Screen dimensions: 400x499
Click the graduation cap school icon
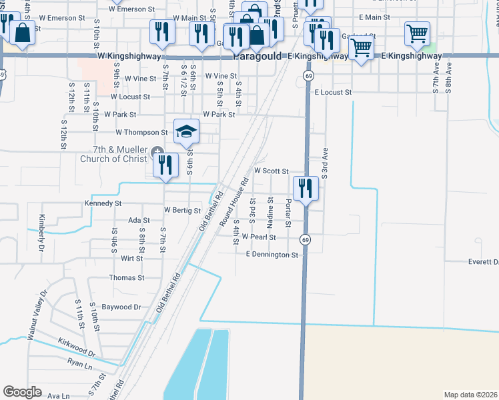(187, 131)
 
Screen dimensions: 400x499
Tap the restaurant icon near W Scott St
(306, 187)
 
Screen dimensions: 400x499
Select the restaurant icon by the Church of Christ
(165, 165)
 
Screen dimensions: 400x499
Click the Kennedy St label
(103, 203)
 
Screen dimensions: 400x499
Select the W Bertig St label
(182, 211)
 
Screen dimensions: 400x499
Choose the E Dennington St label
(272, 255)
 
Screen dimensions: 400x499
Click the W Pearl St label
(259, 237)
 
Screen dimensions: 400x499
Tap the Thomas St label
(126, 277)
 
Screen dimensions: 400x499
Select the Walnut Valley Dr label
(37, 315)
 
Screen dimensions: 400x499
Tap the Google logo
(22, 392)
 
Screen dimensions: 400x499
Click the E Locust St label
(332, 93)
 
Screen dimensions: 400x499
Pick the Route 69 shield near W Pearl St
(305, 239)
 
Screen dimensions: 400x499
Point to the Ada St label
(139, 220)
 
